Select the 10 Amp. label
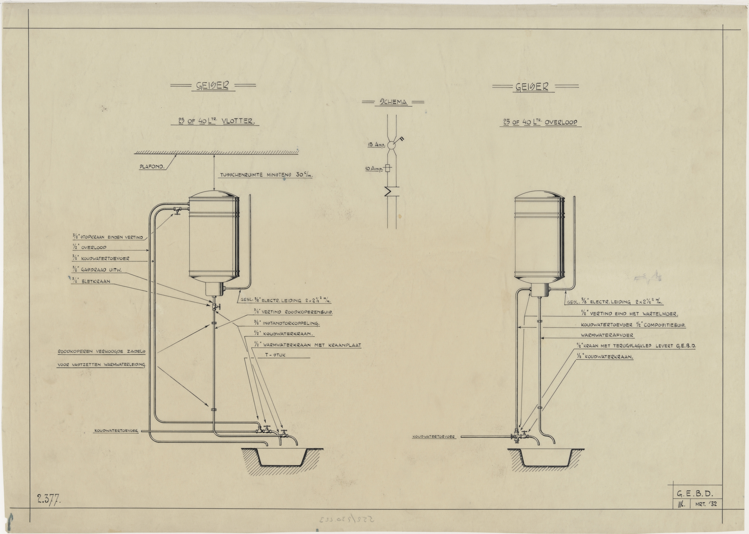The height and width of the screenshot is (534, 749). [x=375, y=169]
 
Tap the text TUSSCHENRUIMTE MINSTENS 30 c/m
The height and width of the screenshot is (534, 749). [x=267, y=175]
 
